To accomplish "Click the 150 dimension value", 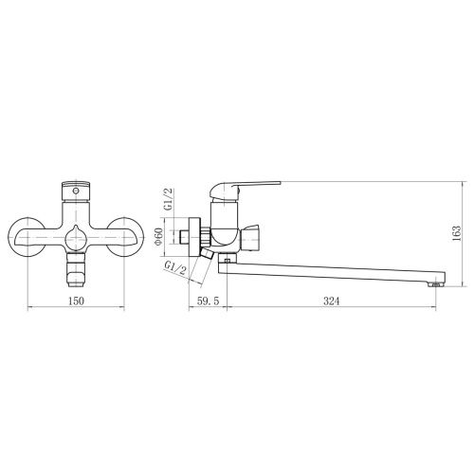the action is (x=76, y=301).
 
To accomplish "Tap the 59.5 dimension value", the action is (x=208, y=301).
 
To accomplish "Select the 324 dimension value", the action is (x=331, y=301).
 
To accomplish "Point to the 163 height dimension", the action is (x=456, y=233).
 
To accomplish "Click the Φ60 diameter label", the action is (x=158, y=236).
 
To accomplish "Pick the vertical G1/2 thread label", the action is (x=169, y=199).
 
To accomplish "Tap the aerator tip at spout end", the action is (x=436, y=284).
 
